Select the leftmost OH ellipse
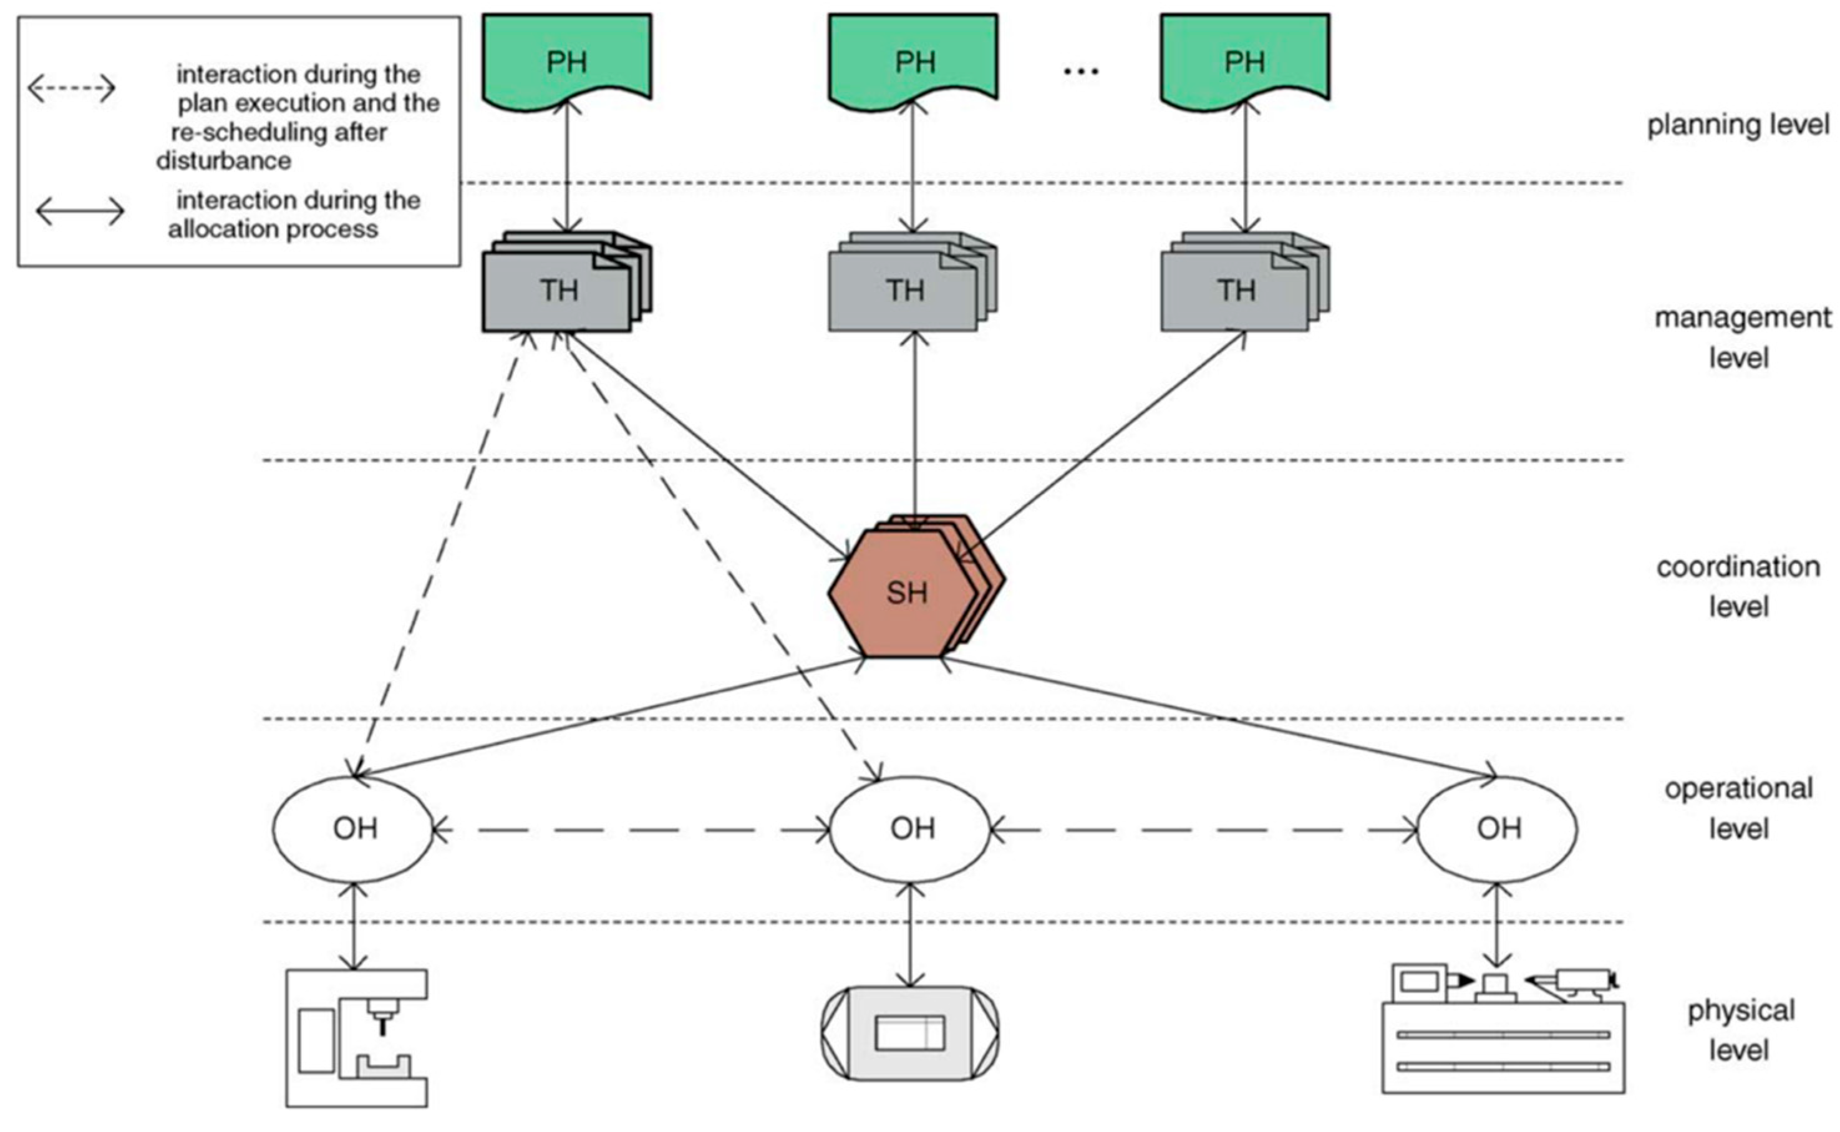(352, 829)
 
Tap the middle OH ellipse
(910, 829)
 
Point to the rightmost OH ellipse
(1497, 829)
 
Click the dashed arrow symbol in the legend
(72, 89)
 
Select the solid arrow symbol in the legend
(80, 212)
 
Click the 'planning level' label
(1738, 125)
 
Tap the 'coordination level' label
(1738, 586)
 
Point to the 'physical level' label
(1740, 1030)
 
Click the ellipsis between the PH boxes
(1081, 71)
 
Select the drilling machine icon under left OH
(356, 1038)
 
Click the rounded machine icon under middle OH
(910, 1033)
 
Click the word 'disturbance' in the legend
(223, 160)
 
